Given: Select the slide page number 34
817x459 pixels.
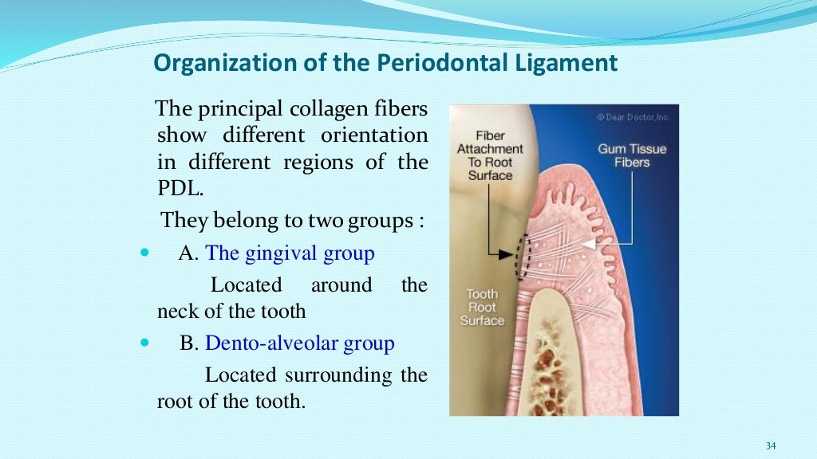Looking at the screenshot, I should click(x=770, y=445).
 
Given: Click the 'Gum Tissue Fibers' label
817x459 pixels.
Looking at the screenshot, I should click(x=632, y=155).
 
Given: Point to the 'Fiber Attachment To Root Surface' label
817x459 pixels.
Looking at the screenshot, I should click(x=490, y=155).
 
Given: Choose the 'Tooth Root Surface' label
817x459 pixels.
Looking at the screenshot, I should click(x=482, y=308).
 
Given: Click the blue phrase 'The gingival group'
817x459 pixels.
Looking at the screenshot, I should click(x=290, y=253).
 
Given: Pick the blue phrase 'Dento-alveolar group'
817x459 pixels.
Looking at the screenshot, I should click(x=299, y=343).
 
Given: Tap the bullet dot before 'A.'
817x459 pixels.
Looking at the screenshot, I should click(x=144, y=253).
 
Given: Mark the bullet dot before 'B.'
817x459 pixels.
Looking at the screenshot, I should click(x=144, y=343).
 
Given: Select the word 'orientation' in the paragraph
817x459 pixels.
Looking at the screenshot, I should click(x=374, y=135).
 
